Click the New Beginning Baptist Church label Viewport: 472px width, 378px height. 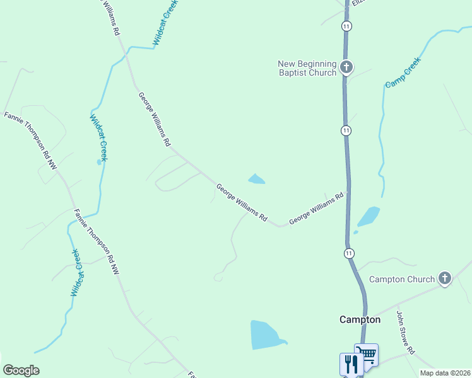point(307,68)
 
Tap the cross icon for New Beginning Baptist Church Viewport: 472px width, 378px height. point(346,67)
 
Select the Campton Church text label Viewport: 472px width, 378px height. point(402,279)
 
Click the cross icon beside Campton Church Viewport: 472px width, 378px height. point(445,278)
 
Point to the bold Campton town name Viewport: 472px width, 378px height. point(360,319)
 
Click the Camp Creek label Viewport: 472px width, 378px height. point(403,72)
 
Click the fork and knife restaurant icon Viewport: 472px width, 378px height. point(351,364)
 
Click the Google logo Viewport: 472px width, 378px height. point(21,370)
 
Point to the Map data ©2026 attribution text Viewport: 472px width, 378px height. point(445,373)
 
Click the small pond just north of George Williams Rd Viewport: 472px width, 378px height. point(256,180)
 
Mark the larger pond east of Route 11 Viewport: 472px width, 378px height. point(369,216)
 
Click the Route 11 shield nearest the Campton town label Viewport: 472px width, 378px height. point(349,253)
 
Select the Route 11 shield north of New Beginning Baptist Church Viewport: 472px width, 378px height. point(346,26)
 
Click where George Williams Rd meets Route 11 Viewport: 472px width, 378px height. point(346,192)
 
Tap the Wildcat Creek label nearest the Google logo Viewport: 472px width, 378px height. point(75,273)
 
